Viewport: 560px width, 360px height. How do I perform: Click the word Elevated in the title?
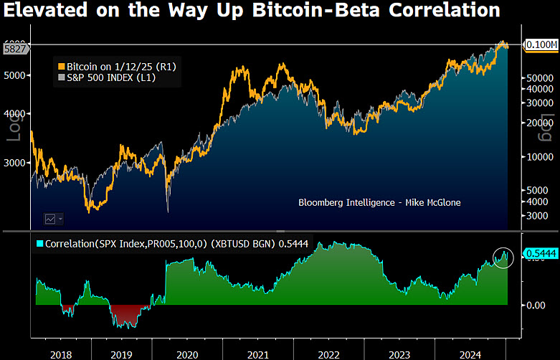44,10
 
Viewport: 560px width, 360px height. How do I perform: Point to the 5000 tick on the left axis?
16,75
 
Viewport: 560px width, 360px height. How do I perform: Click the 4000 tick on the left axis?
16,114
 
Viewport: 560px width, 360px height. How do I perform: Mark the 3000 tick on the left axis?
16,163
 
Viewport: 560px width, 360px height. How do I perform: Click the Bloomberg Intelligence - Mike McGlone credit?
379,203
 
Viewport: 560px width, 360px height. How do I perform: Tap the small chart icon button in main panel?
53,218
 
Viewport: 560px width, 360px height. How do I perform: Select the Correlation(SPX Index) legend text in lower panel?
129,243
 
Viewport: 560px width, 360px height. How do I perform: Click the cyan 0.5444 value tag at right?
540,252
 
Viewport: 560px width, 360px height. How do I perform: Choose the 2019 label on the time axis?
123,354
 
